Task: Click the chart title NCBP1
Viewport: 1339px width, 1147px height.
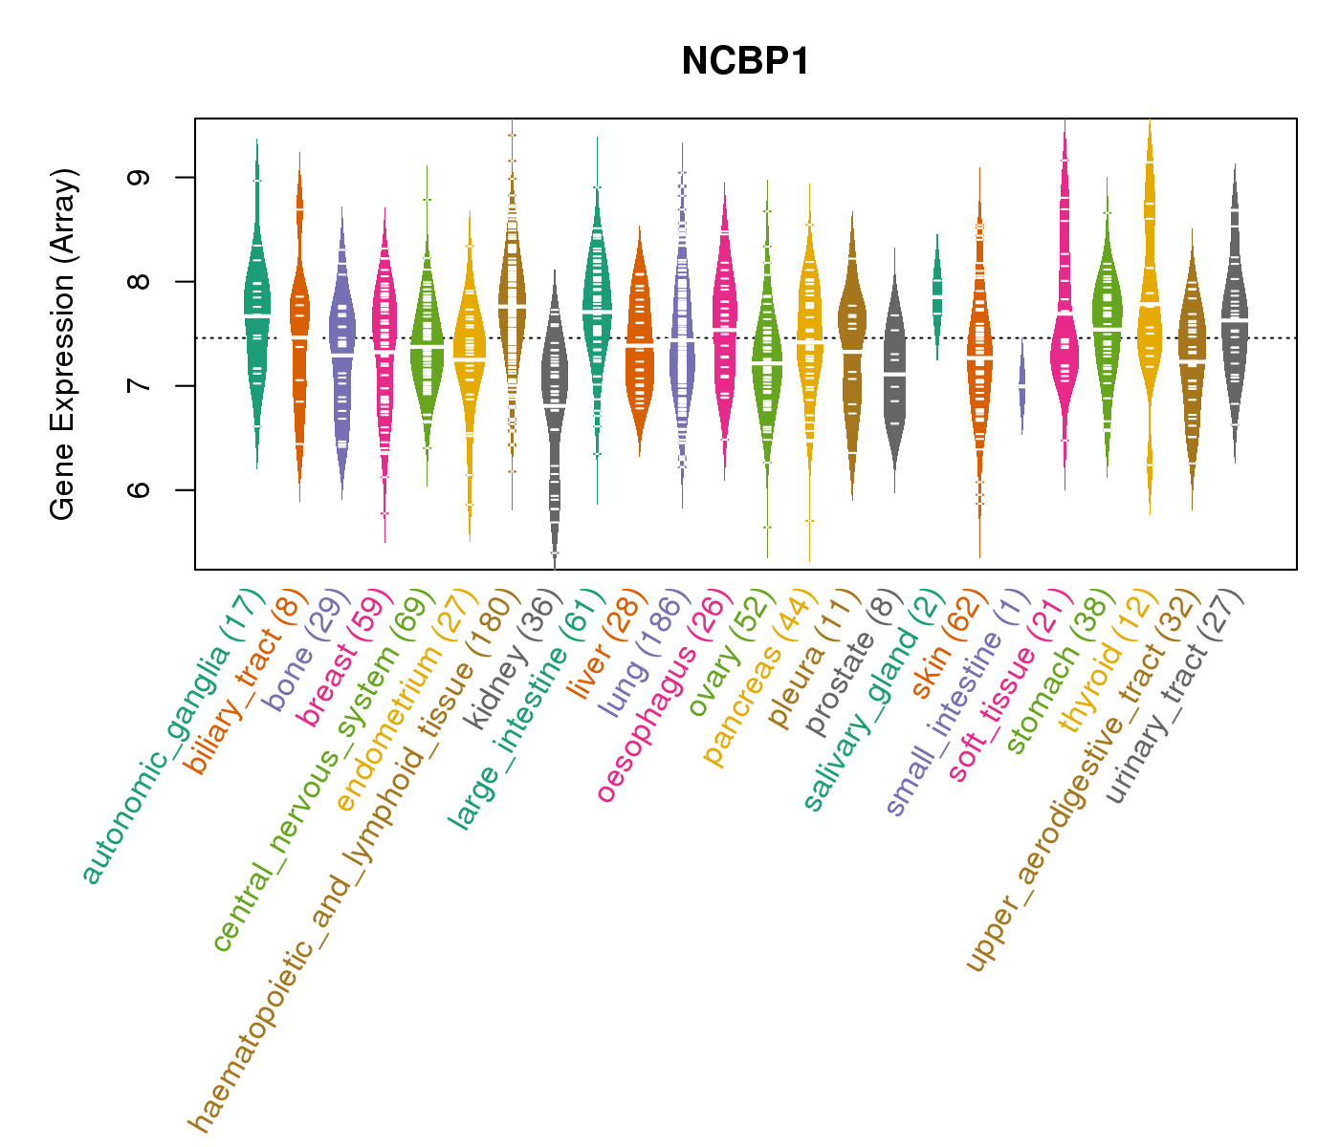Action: (x=745, y=62)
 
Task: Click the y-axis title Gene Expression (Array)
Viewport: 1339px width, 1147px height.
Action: (x=63, y=345)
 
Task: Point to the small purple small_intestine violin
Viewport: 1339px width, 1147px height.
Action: (x=1022, y=385)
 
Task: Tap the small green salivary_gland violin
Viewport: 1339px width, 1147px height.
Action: (x=937, y=287)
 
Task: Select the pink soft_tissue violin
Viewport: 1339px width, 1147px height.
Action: (x=1064, y=354)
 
